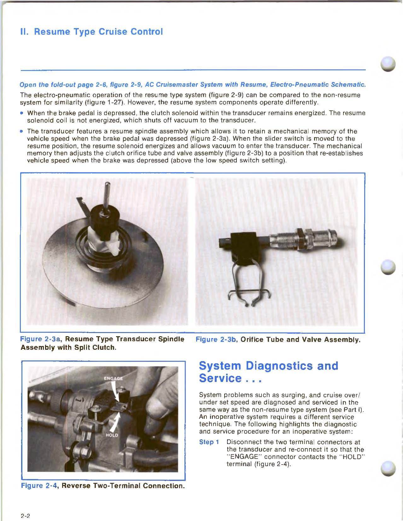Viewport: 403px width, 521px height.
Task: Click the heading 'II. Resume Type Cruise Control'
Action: pos(91,32)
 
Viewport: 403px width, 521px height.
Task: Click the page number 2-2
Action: pos(25,516)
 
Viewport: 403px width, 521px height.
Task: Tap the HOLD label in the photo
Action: pos(111,435)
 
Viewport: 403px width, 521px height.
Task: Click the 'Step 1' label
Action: pos(209,442)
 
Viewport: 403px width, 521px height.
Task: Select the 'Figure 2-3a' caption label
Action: pos(40,339)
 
